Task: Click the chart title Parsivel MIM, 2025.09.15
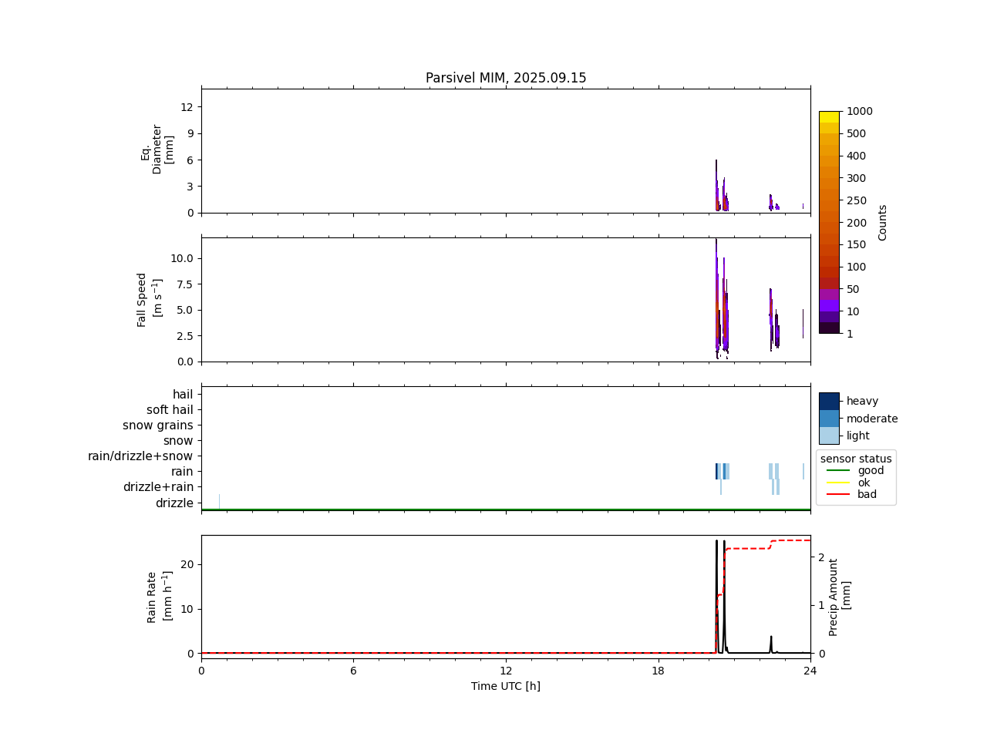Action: (x=506, y=78)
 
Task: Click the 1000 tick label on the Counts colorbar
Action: (x=860, y=111)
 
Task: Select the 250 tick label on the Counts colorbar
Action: (x=856, y=200)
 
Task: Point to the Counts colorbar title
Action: (x=883, y=222)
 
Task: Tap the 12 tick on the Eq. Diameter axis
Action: (x=187, y=106)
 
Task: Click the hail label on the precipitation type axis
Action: (x=183, y=395)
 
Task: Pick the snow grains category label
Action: (x=157, y=425)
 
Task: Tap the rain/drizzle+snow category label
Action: (x=140, y=456)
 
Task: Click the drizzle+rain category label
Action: (x=158, y=487)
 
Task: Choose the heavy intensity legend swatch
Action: (x=829, y=401)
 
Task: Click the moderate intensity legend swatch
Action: (x=829, y=419)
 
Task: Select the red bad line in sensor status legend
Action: (x=837, y=494)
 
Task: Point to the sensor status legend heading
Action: (x=856, y=459)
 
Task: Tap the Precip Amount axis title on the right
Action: (x=840, y=597)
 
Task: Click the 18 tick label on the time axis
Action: (x=658, y=671)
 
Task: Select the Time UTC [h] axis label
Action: (x=506, y=686)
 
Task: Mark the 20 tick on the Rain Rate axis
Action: (x=187, y=564)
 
